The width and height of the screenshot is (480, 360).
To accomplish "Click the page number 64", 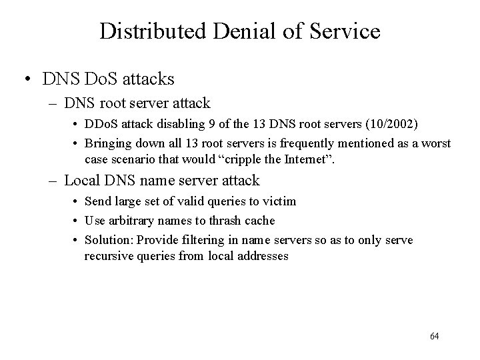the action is point(435,336).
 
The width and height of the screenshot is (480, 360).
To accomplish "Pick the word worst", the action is point(436,143).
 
